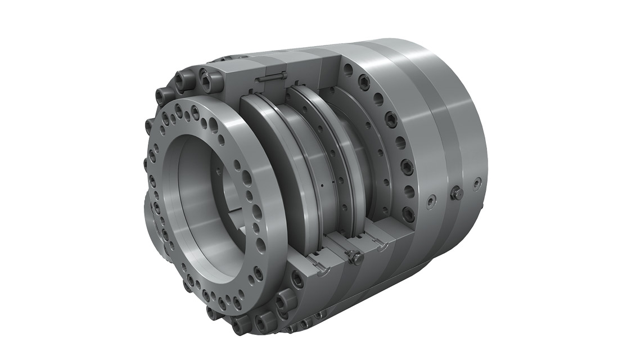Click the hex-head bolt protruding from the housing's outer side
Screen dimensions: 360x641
coord(457,193)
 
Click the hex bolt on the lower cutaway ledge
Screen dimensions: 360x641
coord(355,258)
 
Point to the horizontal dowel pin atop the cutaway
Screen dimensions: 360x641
coord(274,78)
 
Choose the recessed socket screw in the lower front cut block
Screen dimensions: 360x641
coord(297,280)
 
